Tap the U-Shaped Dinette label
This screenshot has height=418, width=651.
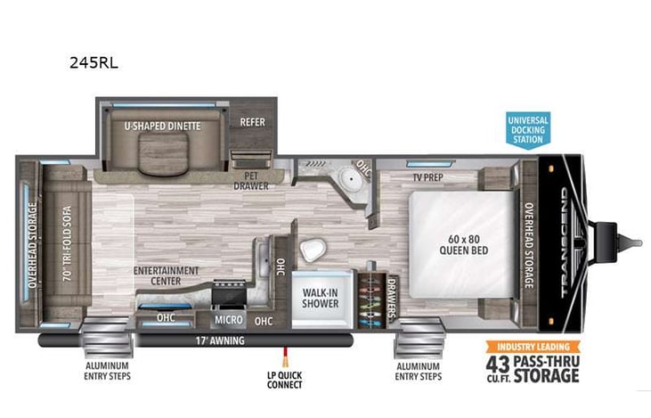pos(162,126)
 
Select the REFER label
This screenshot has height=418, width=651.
pos(253,122)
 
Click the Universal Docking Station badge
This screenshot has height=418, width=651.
pos(528,128)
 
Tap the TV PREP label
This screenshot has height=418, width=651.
pos(428,176)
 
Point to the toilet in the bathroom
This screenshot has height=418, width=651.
pos(312,250)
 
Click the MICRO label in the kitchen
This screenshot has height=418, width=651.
pos(229,317)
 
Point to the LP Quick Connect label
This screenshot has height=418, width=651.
pos(284,380)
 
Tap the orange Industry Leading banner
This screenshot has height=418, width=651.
pos(532,347)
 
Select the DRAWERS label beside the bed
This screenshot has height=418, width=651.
pos(392,297)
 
